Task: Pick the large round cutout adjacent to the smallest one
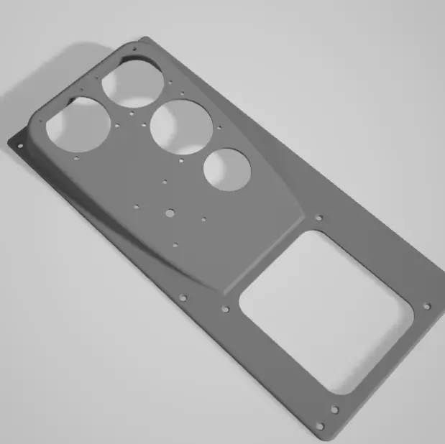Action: coord(181,126)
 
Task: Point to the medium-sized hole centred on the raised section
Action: coord(170,213)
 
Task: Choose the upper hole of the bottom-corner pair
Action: coord(334,410)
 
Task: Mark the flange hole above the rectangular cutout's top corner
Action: coord(319,217)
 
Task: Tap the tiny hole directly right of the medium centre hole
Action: coord(203,218)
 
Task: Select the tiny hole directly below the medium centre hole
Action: coord(175,244)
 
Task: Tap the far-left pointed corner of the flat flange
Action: coord(9,142)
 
